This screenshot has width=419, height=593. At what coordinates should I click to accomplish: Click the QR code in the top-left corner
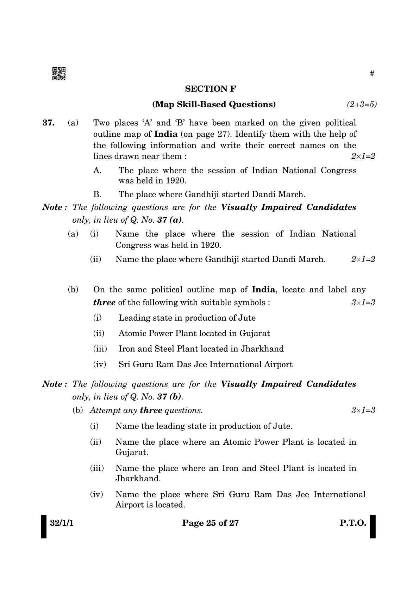59,74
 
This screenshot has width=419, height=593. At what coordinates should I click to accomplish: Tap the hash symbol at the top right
372,74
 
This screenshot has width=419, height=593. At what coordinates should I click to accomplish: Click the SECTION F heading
211,89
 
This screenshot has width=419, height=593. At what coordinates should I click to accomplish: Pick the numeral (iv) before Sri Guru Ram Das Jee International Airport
100,364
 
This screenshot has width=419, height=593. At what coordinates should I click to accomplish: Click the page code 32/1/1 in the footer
62,523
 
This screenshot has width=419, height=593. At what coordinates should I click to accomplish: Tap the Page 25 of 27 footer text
211,523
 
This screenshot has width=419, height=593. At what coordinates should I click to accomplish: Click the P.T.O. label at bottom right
353,523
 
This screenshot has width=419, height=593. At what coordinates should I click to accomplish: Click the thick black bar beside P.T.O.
373,526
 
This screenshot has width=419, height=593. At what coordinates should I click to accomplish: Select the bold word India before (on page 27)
166,134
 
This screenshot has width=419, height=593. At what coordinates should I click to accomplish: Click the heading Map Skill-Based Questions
214,104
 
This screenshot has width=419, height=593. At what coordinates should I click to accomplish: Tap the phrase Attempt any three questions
146,410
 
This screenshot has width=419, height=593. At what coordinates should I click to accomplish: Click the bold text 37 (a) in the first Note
170,220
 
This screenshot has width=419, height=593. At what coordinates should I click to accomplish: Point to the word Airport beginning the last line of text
129,505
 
